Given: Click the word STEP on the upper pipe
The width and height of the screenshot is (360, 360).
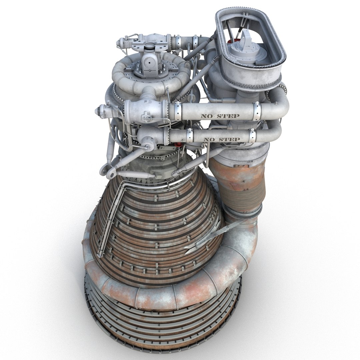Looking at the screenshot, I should tap(229, 116).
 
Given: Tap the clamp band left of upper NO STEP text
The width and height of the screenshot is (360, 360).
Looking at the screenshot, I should tap(178, 112).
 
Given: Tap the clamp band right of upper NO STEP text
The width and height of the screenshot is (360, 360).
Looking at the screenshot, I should tap(256, 111).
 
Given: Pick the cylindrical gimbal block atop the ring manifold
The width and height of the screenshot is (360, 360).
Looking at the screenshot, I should tap(149, 62).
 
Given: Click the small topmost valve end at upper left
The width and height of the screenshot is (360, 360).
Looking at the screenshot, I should tap(119, 43).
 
